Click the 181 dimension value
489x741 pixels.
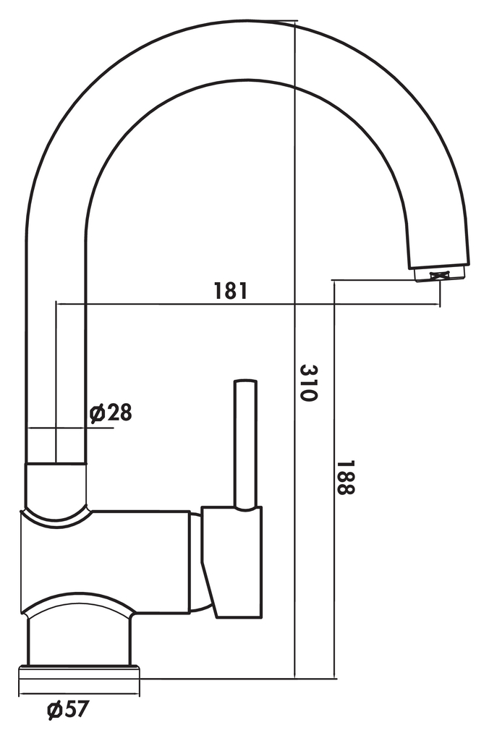(x=231, y=291)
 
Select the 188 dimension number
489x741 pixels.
(x=346, y=478)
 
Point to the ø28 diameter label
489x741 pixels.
(x=111, y=412)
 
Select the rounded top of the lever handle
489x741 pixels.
(x=246, y=381)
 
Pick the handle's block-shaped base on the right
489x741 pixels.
(x=233, y=562)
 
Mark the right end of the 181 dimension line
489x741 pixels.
(x=439, y=305)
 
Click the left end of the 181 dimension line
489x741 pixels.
(x=56, y=305)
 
